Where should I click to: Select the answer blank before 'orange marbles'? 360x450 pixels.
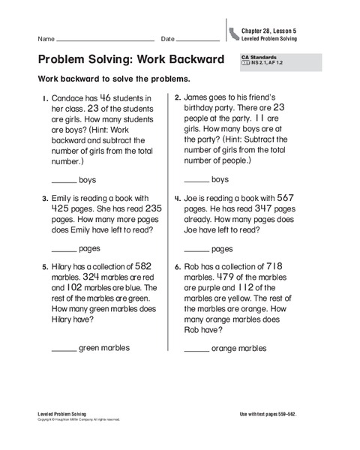pos(196,350)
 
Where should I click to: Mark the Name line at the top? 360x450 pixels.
pos(105,40)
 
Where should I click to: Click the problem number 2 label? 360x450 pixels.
pos(177,97)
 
